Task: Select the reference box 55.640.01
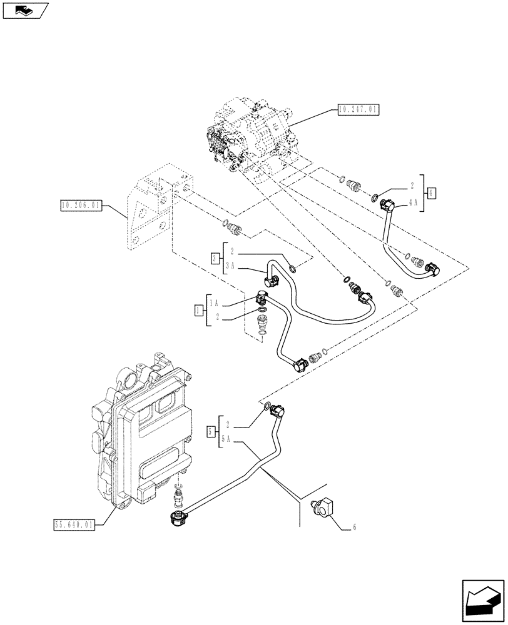[x=74, y=525]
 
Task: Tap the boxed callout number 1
[x=198, y=309]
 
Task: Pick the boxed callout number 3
[x=215, y=258]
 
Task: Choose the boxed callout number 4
[x=431, y=192]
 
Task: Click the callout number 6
[x=354, y=528]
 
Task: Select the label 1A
[x=215, y=302]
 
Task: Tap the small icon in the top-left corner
[x=25, y=10]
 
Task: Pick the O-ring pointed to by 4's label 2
[x=374, y=199]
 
